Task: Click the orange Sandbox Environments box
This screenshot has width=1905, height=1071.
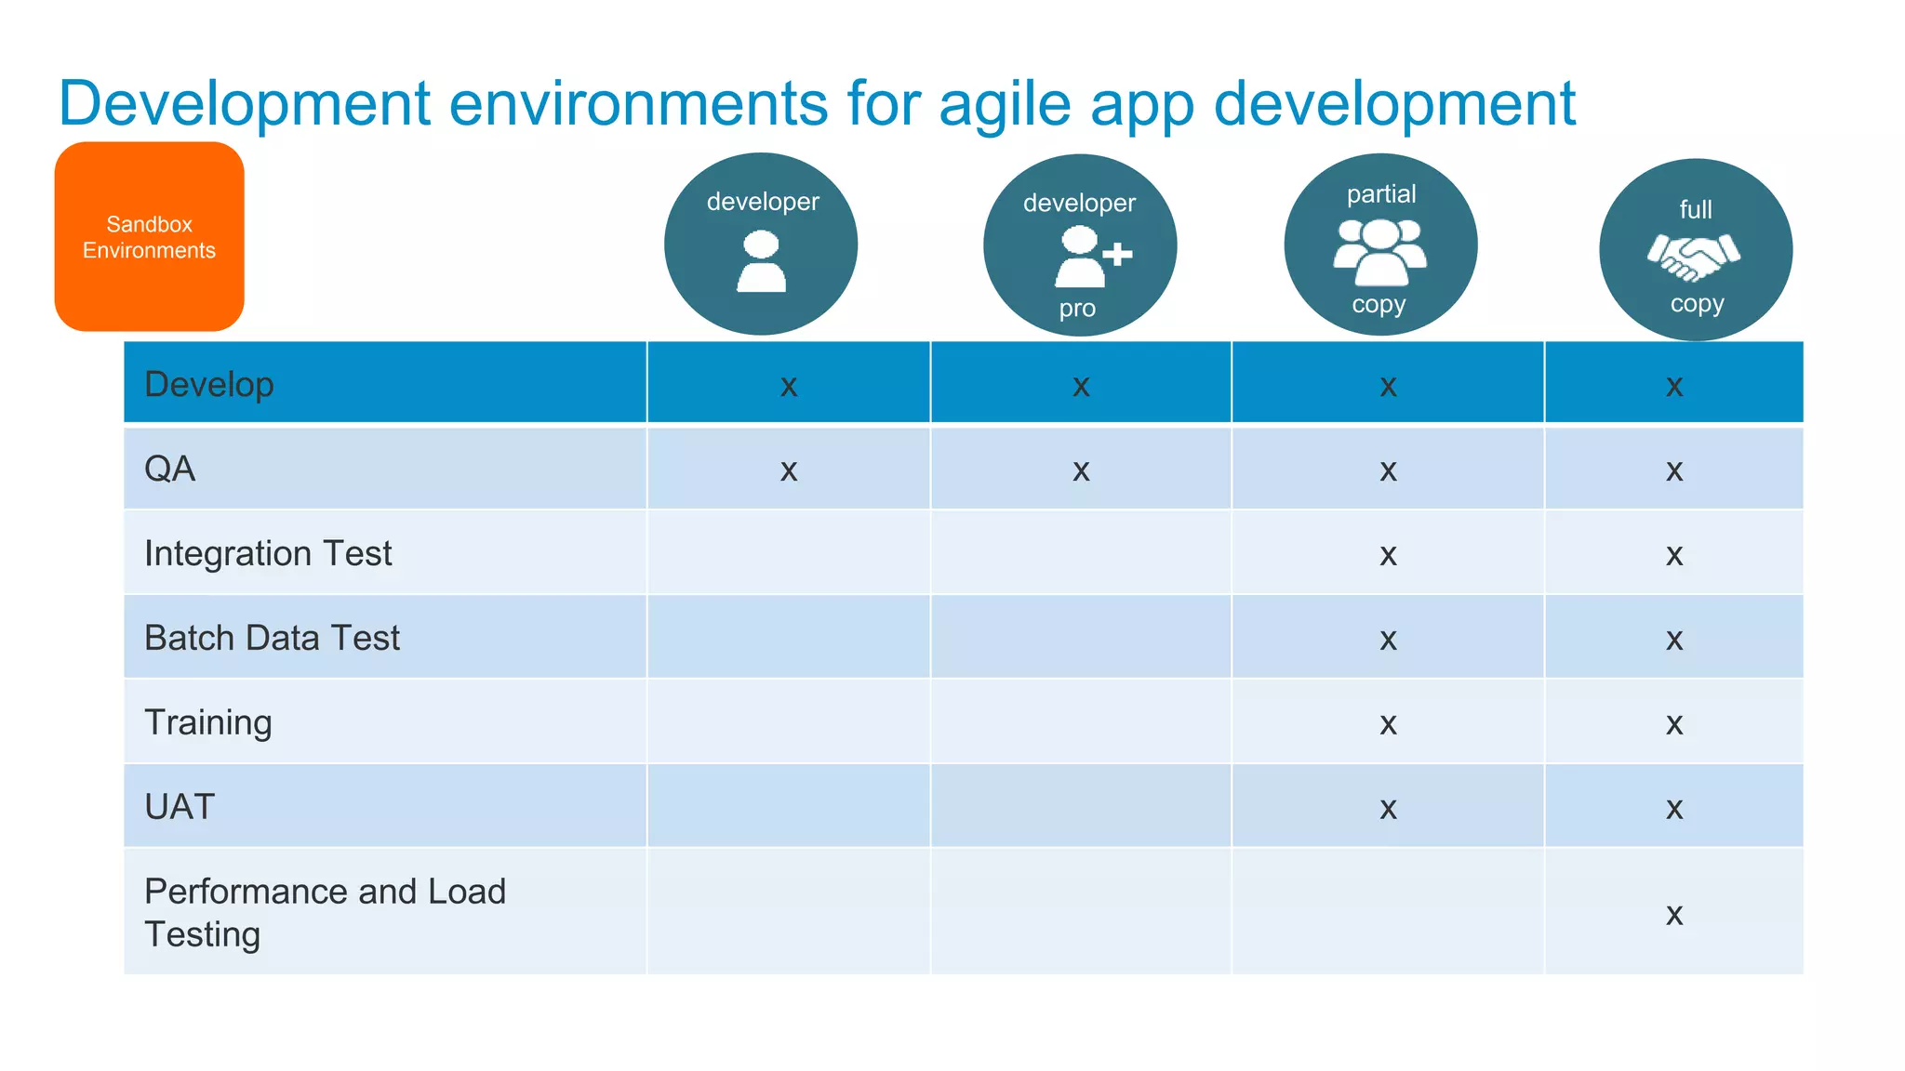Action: click(149, 236)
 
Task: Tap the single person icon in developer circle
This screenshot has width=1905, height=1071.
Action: click(761, 262)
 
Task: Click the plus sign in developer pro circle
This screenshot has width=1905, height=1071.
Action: click(1117, 254)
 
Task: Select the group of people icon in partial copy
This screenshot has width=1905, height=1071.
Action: click(1380, 252)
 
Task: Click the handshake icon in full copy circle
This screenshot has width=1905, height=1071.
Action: click(1693, 257)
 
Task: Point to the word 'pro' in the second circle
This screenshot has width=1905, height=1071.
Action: click(1077, 309)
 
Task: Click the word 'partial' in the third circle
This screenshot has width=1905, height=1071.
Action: click(1381, 194)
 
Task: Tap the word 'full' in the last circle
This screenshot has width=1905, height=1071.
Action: click(1695, 210)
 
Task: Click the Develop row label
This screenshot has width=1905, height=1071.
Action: click(209, 384)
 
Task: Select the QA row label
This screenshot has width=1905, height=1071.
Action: click(170, 469)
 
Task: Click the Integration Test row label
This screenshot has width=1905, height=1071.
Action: click(268, 553)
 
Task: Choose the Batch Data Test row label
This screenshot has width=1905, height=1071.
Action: click(272, 638)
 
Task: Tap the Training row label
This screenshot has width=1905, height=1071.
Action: click(208, 722)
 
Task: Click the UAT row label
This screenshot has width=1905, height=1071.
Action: click(180, 807)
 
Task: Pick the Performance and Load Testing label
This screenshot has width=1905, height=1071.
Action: click(325, 912)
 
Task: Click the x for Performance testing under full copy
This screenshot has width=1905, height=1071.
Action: click(1674, 915)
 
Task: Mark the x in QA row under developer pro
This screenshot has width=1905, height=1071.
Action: click(1081, 470)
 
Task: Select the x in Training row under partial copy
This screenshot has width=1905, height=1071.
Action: click(1388, 724)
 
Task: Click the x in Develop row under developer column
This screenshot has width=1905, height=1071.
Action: click(789, 386)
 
